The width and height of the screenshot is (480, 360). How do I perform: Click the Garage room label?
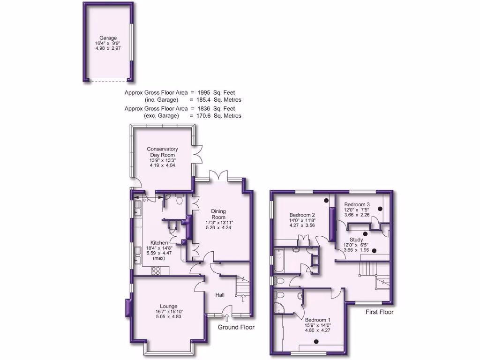[x=108, y=38]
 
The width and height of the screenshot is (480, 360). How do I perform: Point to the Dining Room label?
[x=218, y=214]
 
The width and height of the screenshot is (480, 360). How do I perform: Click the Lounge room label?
[x=168, y=306]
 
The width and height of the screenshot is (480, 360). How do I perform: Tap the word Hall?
[x=220, y=295]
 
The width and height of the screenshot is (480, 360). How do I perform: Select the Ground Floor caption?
[x=236, y=327]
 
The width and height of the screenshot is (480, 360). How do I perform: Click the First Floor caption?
[x=380, y=312]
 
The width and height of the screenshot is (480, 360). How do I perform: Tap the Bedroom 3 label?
[x=357, y=204]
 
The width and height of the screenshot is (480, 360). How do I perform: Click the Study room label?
[x=357, y=240]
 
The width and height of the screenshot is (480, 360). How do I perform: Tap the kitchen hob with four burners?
[x=156, y=270]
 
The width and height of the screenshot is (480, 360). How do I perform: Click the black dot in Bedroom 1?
[x=316, y=341]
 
